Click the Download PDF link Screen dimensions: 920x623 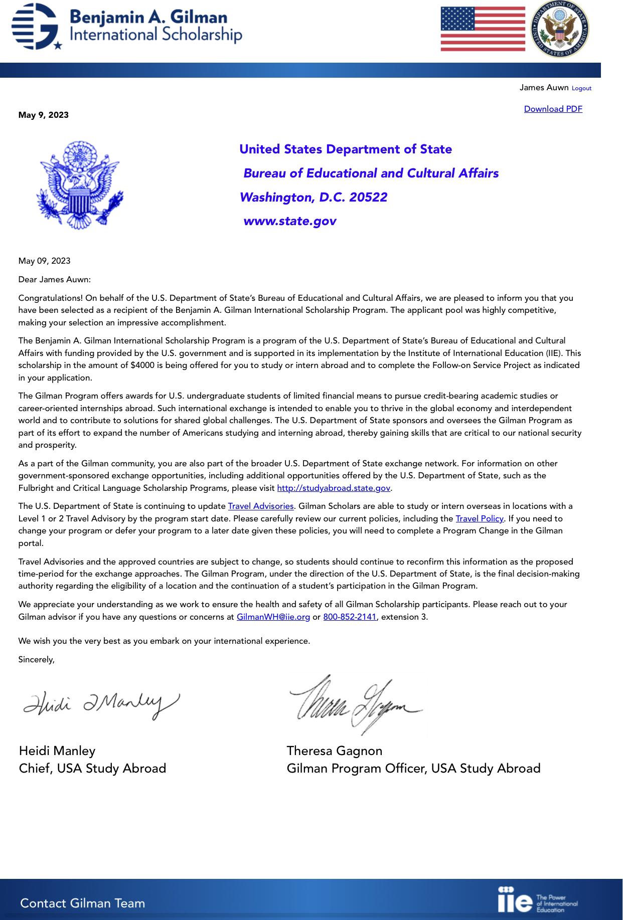coord(553,109)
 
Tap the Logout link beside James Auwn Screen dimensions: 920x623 coord(581,88)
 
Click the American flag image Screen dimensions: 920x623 coord(483,29)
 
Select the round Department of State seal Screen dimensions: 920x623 coord(560,29)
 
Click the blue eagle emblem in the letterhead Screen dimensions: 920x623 coord(80,185)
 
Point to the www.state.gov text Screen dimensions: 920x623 coord(290,221)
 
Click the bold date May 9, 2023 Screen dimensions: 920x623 coord(44,115)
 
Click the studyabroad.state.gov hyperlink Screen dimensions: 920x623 coord(333,488)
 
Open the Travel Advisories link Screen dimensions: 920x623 coord(260,506)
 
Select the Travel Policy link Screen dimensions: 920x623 coord(479,518)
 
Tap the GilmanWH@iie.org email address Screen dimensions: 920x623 coord(273,617)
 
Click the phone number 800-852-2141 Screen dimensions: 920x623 coord(350,617)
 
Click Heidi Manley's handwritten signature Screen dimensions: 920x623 coord(100,704)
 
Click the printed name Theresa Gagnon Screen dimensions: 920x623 coord(334,751)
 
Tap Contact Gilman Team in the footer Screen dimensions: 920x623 coord(83,903)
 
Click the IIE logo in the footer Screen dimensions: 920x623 coord(537,900)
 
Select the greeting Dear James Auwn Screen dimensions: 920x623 coord(55,279)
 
